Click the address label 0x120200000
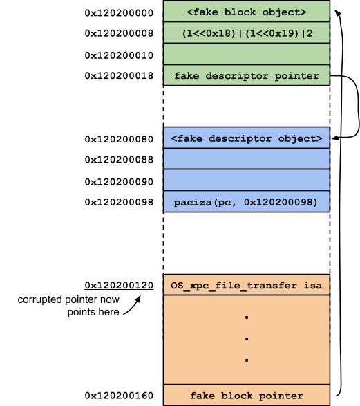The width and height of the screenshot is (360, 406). pos(119,13)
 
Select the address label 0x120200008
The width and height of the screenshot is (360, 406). pos(119,33)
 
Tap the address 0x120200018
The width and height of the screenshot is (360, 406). pos(119,76)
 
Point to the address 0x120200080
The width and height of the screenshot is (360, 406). pos(119,139)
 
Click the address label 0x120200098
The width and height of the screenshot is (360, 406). pos(119,202)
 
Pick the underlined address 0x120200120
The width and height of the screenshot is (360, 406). pos(119,286)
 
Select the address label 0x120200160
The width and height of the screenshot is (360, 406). pos(119,396)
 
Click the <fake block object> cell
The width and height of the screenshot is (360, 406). pos(247,11)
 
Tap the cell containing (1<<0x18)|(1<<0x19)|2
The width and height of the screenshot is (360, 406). pos(247,33)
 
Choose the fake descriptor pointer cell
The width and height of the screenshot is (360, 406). pos(247,75)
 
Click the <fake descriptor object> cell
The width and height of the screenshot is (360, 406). pos(247,138)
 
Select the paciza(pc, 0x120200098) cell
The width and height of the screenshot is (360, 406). pos(247,202)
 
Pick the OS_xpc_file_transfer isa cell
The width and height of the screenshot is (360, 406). pos(247,285)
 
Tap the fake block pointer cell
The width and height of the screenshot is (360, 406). pos(247,395)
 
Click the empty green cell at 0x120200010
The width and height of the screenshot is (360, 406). pos(247,54)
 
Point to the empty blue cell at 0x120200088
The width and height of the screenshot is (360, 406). pos(247,159)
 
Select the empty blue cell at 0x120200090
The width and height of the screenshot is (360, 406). pos(247,181)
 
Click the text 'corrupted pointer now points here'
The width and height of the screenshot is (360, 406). pos(68,306)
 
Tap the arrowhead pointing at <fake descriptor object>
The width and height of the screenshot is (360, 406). pos(335,138)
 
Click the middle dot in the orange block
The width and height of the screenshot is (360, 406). pos(247,339)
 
